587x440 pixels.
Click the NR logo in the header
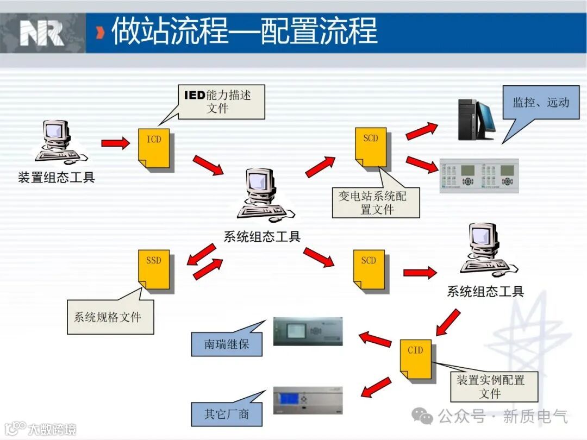coord(42,33)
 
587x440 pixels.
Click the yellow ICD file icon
coord(154,148)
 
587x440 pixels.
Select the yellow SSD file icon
coord(154,269)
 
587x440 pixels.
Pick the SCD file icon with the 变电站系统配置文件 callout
coord(371,147)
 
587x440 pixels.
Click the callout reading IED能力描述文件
coord(221,102)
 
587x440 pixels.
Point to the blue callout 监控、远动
coord(540,102)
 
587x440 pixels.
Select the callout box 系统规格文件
coord(110,317)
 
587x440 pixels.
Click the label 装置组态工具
coord(57,178)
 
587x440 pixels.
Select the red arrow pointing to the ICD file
coord(115,143)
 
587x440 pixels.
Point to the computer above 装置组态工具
coord(57,141)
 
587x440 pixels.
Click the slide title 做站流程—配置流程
coord(245,32)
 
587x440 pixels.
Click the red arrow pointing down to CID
coord(448,322)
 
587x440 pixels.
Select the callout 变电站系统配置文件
coord(376,203)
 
